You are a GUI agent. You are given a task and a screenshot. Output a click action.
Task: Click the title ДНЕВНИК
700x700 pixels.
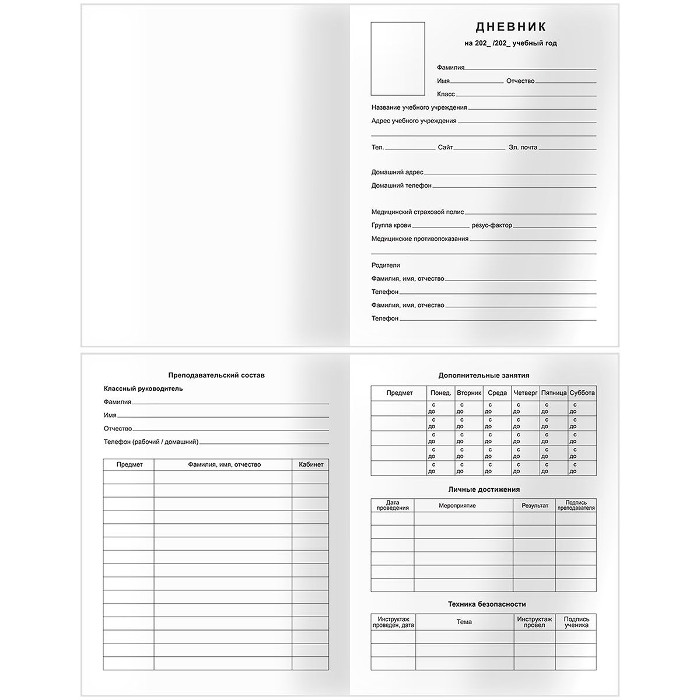pos(510,27)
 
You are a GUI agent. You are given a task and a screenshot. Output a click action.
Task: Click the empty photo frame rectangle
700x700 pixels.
pos(398,58)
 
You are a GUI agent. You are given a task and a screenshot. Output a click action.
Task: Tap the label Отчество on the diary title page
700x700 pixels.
pos(520,81)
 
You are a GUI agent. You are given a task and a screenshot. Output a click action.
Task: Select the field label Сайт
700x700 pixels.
pos(445,148)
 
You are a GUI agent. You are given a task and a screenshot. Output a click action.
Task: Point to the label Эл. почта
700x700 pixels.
pos(523,148)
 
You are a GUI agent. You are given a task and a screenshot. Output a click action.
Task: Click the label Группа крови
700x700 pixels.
pos(391,225)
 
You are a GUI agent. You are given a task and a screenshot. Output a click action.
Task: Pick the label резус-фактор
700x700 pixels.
pos(492,225)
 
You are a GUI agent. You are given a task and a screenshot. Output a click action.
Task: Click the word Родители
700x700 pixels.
pos(386,265)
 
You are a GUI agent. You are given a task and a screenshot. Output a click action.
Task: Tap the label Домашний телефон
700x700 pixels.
pos(401,185)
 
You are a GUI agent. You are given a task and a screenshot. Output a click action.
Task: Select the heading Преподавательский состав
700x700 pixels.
pos(216,375)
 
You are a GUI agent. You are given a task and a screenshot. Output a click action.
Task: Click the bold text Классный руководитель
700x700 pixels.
pos(143,388)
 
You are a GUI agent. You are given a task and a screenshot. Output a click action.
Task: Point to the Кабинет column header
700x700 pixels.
pos(310,464)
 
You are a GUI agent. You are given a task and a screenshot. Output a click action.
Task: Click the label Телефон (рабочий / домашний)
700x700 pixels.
pos(151,442)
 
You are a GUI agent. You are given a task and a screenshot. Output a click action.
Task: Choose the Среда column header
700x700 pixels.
pos(497,393)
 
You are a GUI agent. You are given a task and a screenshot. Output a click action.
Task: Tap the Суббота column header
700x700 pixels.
pos(582,393)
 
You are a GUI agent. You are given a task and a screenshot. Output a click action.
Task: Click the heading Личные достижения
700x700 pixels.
pos(484,489)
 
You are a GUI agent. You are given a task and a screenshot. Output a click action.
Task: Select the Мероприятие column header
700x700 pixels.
pos(457,506)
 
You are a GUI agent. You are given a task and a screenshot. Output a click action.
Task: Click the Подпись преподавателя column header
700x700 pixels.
pos(576,505)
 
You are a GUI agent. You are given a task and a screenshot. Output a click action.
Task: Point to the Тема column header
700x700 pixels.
pos(464,622)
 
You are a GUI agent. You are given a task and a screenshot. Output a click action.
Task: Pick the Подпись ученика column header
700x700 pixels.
pos(576,622)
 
